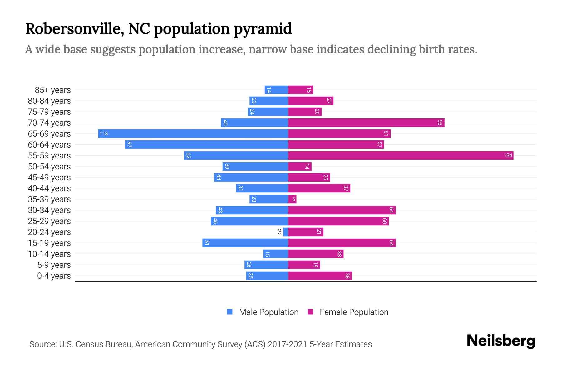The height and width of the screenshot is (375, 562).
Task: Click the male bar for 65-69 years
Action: pos(193,134)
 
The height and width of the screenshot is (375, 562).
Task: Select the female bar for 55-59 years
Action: pos(401,156)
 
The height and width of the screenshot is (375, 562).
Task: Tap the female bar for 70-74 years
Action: pos(366,123)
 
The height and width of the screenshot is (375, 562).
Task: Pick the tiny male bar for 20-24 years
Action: pos(286,232)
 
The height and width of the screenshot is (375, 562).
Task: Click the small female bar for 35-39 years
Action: pos(292,199)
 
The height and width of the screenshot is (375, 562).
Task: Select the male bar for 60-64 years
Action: pos(206,145)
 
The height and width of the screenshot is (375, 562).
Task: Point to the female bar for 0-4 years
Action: pos(320,276)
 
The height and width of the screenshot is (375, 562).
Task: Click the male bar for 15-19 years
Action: pos(245,243)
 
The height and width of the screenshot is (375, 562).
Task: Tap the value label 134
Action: pos(508,156)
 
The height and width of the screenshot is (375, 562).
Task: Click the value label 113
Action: pos(104,134)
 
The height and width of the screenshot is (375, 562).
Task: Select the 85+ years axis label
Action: pos(52,90)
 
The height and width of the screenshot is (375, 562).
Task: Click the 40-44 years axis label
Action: pos(49,188)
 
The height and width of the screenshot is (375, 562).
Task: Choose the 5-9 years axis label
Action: pos(54,265)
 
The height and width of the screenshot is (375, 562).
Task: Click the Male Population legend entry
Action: pos(269,312)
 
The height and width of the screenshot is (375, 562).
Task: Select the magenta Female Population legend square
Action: pos(310,312)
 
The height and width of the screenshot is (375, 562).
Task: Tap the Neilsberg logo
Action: pos(501,341)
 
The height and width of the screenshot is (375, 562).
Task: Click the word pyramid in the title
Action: pos(263,29)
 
